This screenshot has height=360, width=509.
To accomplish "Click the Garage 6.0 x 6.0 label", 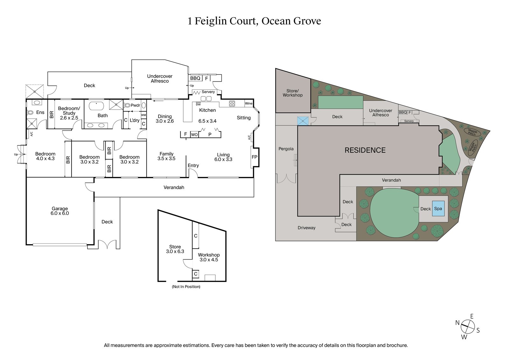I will point(59,211).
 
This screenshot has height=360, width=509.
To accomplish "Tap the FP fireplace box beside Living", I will point(254,157).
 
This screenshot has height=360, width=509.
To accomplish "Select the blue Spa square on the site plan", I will point(438,208).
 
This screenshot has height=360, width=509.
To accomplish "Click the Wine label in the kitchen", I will point(248,103).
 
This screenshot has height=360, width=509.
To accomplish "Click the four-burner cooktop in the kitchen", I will point(232,103).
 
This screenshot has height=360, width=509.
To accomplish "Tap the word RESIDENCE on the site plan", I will point(365,150).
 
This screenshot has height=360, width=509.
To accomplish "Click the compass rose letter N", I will point(457,323).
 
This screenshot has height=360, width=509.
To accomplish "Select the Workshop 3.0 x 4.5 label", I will point(209,257).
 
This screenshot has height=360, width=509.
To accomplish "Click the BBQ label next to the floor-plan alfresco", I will point(195,78).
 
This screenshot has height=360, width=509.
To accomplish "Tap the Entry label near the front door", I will point(193,166).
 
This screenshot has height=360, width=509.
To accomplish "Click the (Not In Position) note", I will point(186,287).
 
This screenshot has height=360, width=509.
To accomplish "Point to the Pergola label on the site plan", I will point(286,149).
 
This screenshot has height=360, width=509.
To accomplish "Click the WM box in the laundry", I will point(143,115).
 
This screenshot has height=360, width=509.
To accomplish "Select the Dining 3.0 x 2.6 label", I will point(165,119).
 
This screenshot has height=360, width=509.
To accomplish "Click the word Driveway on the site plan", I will point(306,228).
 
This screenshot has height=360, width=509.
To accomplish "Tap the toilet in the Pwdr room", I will point(128,105).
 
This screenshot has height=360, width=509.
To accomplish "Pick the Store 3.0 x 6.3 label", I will point(175,249).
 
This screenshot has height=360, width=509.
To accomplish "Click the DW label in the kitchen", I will point(198,104).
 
